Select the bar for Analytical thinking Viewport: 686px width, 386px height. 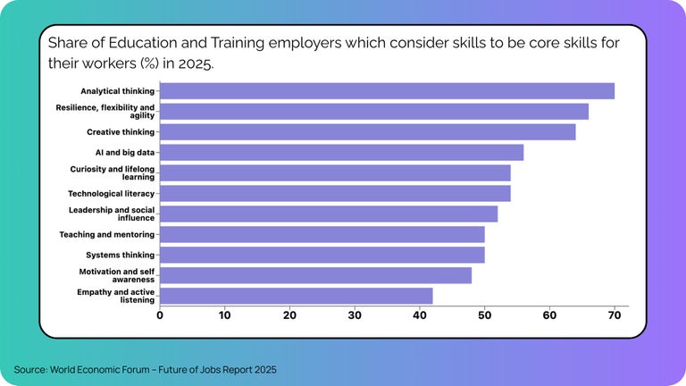pos(387,91)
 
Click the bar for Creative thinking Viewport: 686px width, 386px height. pos(367,132)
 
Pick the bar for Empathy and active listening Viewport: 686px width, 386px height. pos(296,296)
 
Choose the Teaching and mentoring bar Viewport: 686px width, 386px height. pos(322,234)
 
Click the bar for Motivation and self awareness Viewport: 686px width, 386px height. pos(315,275)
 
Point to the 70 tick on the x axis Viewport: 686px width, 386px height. pos(615,315)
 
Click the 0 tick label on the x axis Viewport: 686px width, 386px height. pos(160,315)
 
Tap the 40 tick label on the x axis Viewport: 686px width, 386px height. pos(420,315)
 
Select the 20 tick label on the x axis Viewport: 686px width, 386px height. pos(289,315)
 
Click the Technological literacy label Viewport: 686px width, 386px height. pos(112,193)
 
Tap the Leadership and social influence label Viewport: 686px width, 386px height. pos(112,214)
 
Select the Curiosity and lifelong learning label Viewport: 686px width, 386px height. pos(113,172)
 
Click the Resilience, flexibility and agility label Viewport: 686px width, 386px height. pos(105,112)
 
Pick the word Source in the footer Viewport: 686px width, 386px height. pos(30,369)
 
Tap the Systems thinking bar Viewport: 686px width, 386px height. pos(322,255)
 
